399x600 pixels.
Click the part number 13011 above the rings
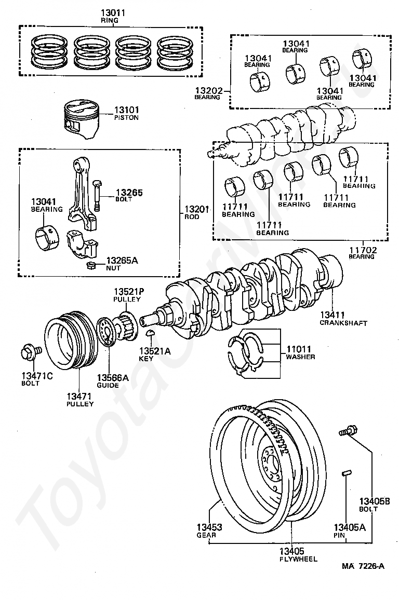(113, 13)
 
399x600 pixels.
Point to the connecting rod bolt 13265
(97, 195)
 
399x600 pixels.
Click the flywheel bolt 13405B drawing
(348, 431)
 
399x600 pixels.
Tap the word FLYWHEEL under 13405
(298, 559)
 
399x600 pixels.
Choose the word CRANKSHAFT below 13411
(343, 323)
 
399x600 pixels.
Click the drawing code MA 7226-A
(363, 566)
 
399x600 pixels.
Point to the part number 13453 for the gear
(209, 527)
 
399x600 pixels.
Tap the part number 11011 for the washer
(299, 349)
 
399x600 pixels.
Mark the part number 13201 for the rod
(197, 209)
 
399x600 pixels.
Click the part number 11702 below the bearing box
(363, 250)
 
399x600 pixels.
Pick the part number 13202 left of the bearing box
(209, 91)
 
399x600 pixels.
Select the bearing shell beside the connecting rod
(47, 239)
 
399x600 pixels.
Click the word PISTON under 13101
(126, 117)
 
